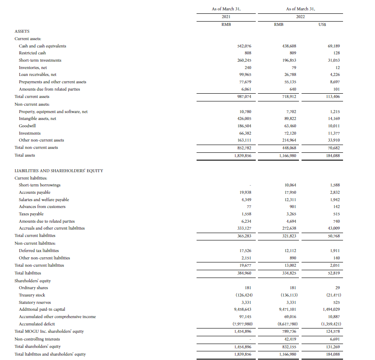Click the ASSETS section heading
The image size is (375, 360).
pyautogui.click(x=22, y=32)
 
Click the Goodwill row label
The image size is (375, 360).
pyautogui.click(x=27, y=126)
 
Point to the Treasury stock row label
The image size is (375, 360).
pyautogui.click(x=32, y=295)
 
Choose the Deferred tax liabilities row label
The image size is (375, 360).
pyautogui.click(x=39, y=250)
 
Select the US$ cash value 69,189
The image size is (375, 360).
pyautogui.click(x=334, y=46)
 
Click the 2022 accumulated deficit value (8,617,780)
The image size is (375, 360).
pyautogui.click(x=287, y=324)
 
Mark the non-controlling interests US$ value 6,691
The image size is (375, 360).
pyautogui.click(x=334, y=339)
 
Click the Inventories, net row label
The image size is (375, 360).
pyautogui.click(x=33, y=68)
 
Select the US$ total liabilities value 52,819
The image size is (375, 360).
pyautogui.click(x=334, y=273)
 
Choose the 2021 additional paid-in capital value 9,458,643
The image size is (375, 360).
pyautogui.click(x=242, y=309)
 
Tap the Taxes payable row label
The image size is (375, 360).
pyautogui.click(x=31, y=214)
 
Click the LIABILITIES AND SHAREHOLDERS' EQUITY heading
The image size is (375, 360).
pyautogui.click(x=59, y=171)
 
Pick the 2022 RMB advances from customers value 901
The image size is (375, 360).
pyautogui.click(x=292, y=207)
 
